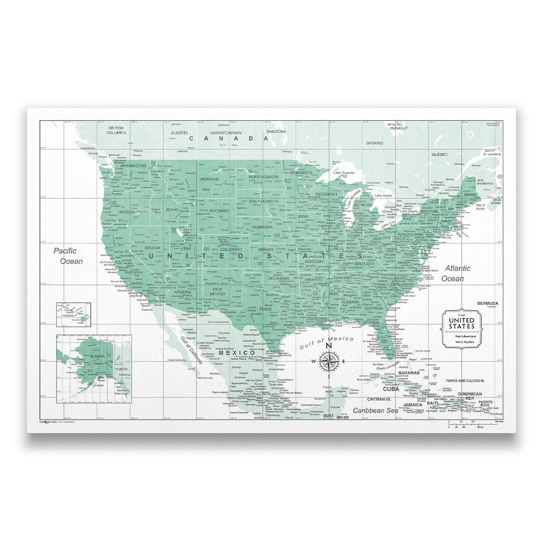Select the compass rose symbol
pyautogui.click(x=329, y=361)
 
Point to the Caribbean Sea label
pyautogui.click(x=375, y=411)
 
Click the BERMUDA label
pyautogui.click(x=487, y=303)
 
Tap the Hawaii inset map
pyautogui.click(x=73, y=314)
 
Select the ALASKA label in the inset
pyautogui.click(x=97, y=356)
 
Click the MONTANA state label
pyautogui.click(x=210, y=179)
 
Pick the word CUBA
pyautogui.click(x=391, y=388)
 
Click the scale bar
pyautogui.click(x=472, y=424)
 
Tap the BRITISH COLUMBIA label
pyautogui.click(x=116, y=131)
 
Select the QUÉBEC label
pyautogui.click(x=439, y=154)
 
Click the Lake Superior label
pyautogui.click(x=344, y=173)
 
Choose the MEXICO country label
pyautogui.click(x=237, y=353)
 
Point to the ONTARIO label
pyautogui.click(x=374, y=143)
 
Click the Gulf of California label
pyautogui.click(x=192, y=350)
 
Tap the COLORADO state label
pyautogui.click(x=231, y=249)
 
